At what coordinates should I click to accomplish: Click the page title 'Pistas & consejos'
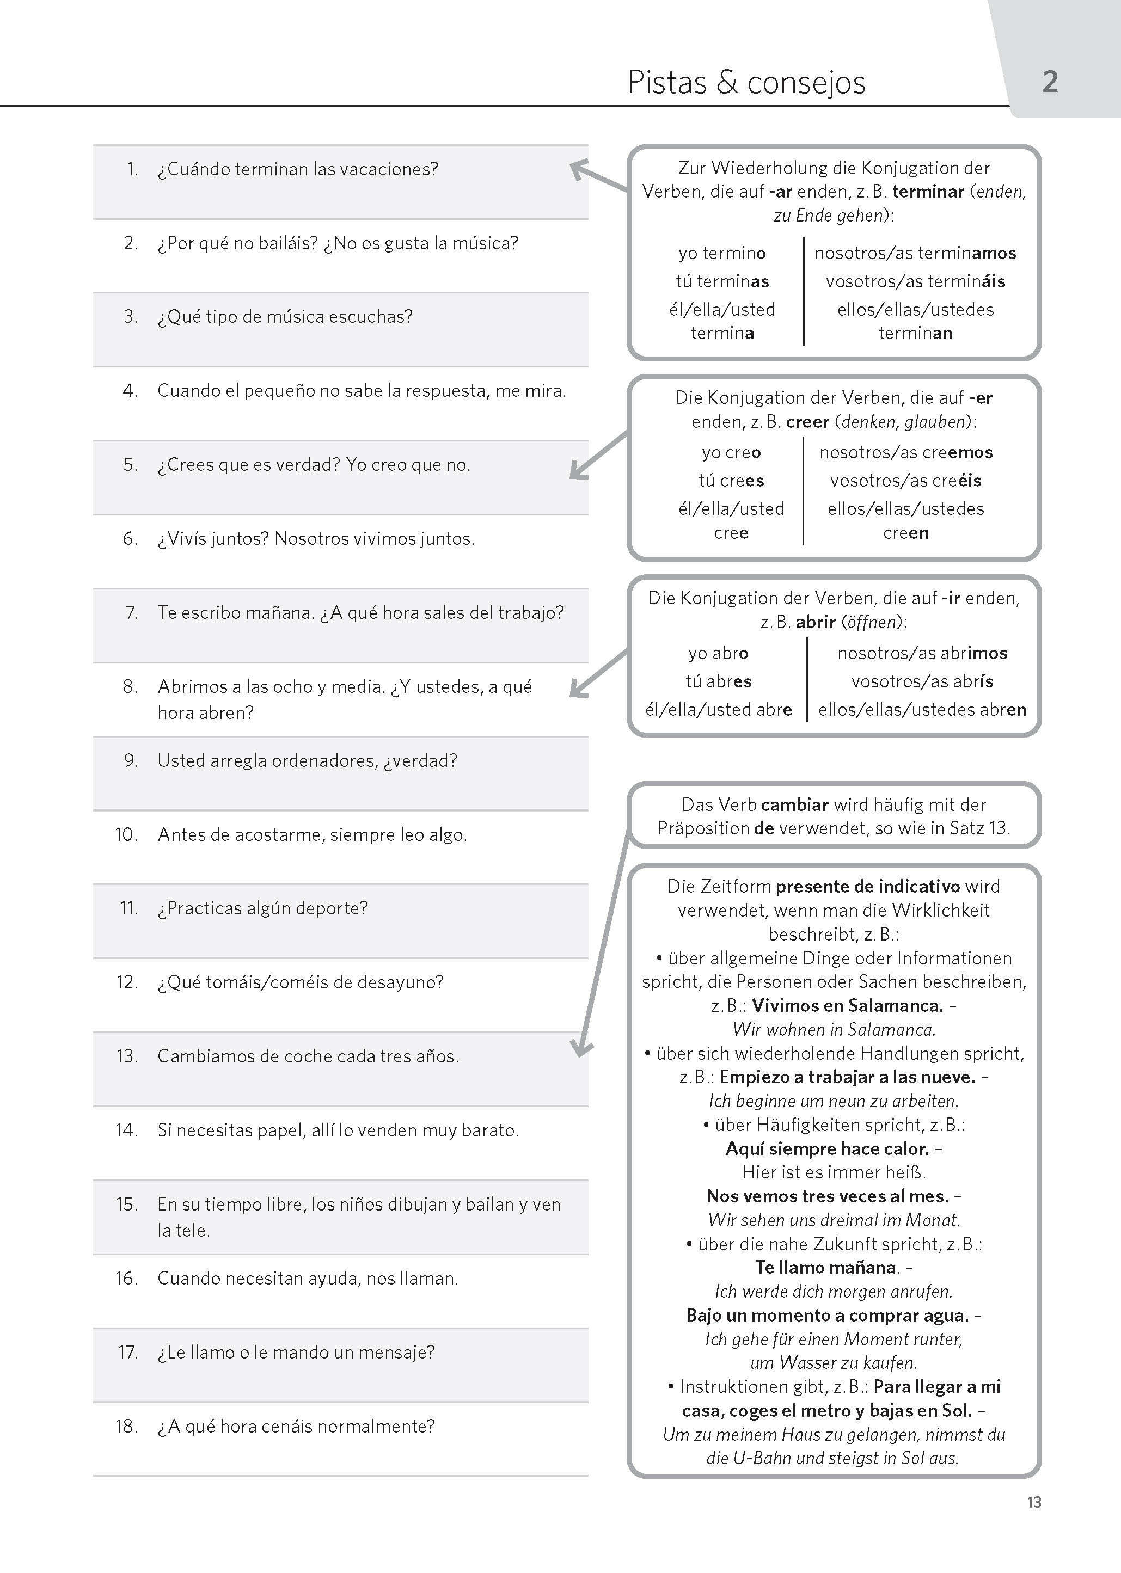click(746, 83)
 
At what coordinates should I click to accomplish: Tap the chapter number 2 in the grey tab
click(1049, 82)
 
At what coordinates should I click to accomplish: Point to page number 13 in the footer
click(1033, 1502)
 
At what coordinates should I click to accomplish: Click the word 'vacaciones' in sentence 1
click(395, 169)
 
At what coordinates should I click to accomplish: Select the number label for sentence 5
click(131, 465)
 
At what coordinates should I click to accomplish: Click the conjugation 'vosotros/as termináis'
click(915, 281)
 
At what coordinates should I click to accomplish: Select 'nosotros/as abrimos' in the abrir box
click(922, 653)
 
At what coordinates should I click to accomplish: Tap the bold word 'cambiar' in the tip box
click(794, 804)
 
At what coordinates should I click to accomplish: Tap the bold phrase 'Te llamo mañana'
click(825, 1267)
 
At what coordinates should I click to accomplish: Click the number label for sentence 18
click(126, 1426)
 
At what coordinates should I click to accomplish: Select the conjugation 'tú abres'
click(718, 681)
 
